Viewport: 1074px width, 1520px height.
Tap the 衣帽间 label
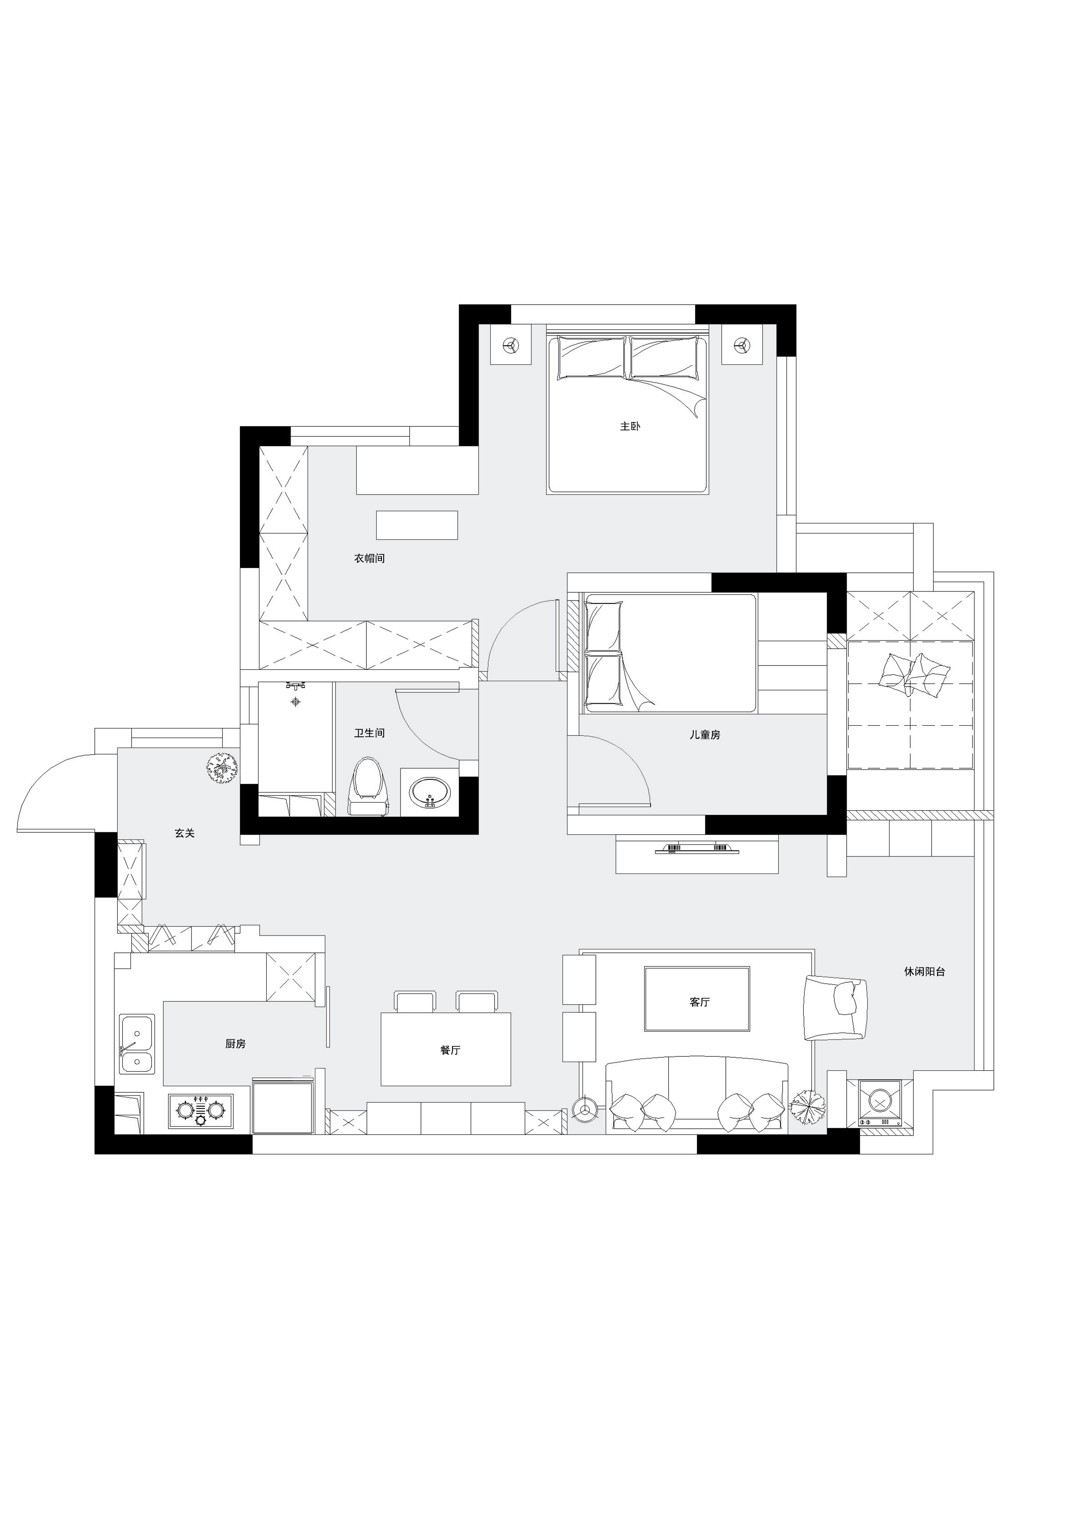point(369,558)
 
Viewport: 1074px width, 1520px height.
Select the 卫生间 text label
point(369,733)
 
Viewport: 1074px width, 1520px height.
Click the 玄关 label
point(184,833)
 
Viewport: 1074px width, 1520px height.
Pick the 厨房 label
point(236,1043)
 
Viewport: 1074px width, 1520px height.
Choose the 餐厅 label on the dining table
point(450,1050)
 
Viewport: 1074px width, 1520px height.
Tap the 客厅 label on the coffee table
point(699,1002)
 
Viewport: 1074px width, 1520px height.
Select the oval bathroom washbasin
point(430,792)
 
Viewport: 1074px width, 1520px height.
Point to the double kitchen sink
point(136,1044)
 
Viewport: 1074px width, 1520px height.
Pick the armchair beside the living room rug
point(835,1007)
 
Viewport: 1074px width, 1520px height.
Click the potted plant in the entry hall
point(222,768)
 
